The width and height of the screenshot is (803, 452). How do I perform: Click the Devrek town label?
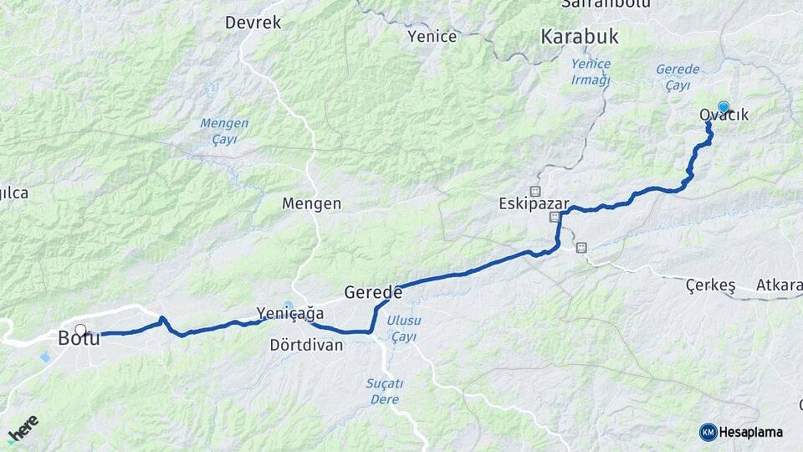(x=253, y=23)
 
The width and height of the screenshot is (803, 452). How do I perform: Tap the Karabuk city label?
(x=579, y=37)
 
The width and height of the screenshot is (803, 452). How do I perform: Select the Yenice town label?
(x=432, y=36)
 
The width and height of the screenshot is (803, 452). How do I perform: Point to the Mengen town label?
(x=311, y=203)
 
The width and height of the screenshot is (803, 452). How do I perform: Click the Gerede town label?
(x=373, y=293)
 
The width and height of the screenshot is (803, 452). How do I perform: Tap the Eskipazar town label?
(x=534, y=204)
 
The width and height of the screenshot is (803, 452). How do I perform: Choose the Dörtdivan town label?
(x=306, y=345)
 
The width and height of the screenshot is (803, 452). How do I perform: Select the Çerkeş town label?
(x=710, y=286)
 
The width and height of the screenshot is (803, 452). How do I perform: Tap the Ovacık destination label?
(x=724, y=116)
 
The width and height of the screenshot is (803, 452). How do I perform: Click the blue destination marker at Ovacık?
(x=724, y=106)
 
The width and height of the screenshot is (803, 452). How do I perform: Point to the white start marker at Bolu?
(x=80, y=330)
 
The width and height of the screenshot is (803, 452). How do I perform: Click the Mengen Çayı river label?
(x=224, y=131)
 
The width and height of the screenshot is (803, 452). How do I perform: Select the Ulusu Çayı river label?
(x=406, y=328)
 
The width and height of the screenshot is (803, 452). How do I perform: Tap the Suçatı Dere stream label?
(x=385, y=391)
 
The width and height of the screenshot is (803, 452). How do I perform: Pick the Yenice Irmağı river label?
(x=591, y=72)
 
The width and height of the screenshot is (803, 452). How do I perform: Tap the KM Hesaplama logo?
(x=741, y=432)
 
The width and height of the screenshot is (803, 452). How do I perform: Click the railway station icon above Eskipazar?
(x=535, y=191)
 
